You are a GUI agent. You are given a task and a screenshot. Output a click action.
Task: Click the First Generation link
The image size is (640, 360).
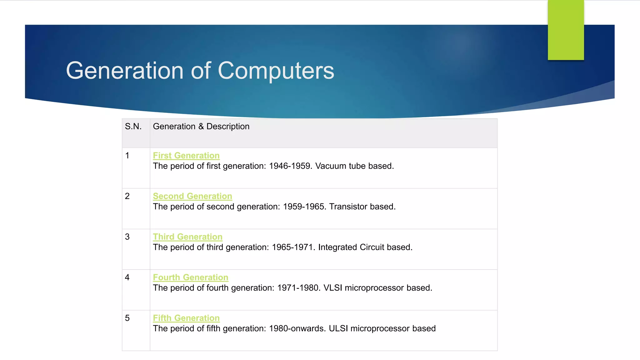coord(186,156)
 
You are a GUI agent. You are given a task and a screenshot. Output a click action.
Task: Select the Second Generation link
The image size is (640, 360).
coord(192,196)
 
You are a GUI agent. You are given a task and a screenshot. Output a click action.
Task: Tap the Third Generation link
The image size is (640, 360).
coord(187,237)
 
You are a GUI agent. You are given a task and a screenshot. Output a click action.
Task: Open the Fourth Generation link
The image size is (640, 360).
coord(190,277)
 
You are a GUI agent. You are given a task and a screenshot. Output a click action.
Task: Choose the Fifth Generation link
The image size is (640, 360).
coord(186,318)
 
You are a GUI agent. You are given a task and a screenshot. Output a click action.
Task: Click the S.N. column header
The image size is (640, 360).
coord(133,127)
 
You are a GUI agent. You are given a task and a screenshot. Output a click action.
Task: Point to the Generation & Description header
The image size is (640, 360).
coord(201,127)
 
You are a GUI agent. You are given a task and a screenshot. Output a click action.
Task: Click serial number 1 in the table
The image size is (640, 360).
coord(127,156)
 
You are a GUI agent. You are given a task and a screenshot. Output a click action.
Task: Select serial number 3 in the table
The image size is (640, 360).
coord(127,237)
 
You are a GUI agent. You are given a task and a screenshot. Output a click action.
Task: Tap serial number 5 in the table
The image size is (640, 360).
coord(127,318)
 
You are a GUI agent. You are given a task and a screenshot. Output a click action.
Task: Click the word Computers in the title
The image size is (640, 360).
coord(276,71)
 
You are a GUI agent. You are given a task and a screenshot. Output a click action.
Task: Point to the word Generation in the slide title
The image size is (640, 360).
coord(125,71)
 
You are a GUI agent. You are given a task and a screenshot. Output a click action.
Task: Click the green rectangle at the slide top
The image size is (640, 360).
coord(566,30)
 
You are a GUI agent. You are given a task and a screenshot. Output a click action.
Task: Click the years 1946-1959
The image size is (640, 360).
coord(290,166)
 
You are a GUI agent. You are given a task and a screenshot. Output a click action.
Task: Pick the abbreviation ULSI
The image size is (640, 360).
coord(338,328)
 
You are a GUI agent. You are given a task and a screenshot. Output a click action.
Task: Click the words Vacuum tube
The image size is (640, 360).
coord(340,166)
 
